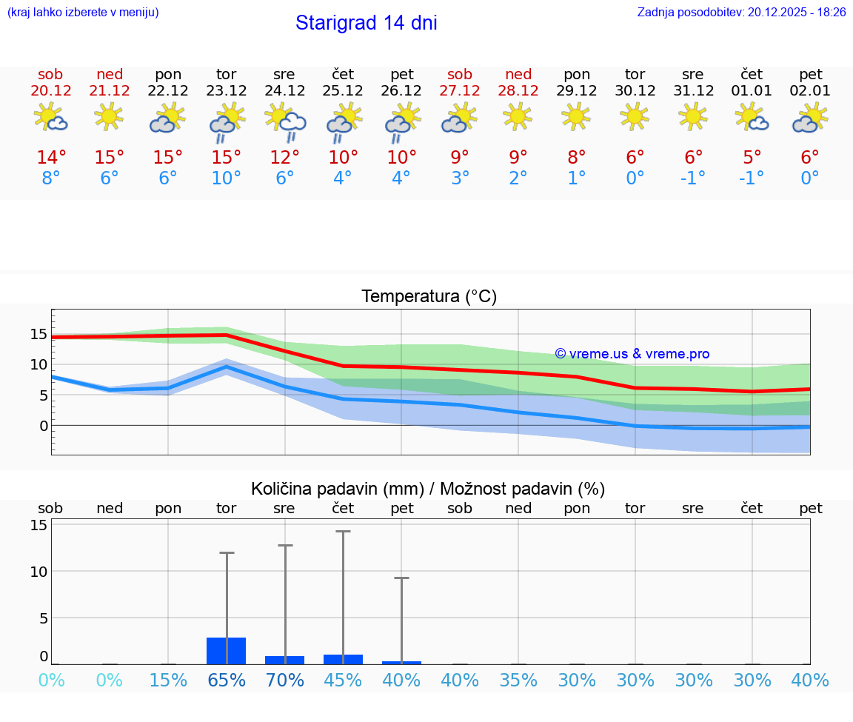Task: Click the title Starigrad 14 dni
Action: click(366, 23)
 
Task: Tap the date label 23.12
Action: click(226, 91)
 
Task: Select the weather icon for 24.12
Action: click(285, 120)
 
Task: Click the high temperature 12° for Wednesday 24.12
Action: click(285, 158)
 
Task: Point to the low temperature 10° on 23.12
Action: click(226, 178)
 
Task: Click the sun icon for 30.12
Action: click(635, 116)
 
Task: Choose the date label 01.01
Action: click(752, 91)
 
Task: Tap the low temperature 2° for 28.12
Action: click(518, 178)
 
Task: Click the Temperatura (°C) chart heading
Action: click(429, 297)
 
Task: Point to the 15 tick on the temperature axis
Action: click(38, 334)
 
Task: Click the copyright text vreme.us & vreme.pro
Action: click(632, 354)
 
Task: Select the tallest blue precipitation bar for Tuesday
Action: click(227, 651)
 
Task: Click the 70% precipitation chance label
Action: click(285, 681)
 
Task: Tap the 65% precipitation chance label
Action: click(227, 681)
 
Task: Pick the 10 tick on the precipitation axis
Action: click(39, 572)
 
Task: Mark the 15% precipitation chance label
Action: click(168, 681)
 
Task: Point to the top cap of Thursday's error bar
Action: click(343, 532)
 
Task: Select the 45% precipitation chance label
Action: click(343, 681)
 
